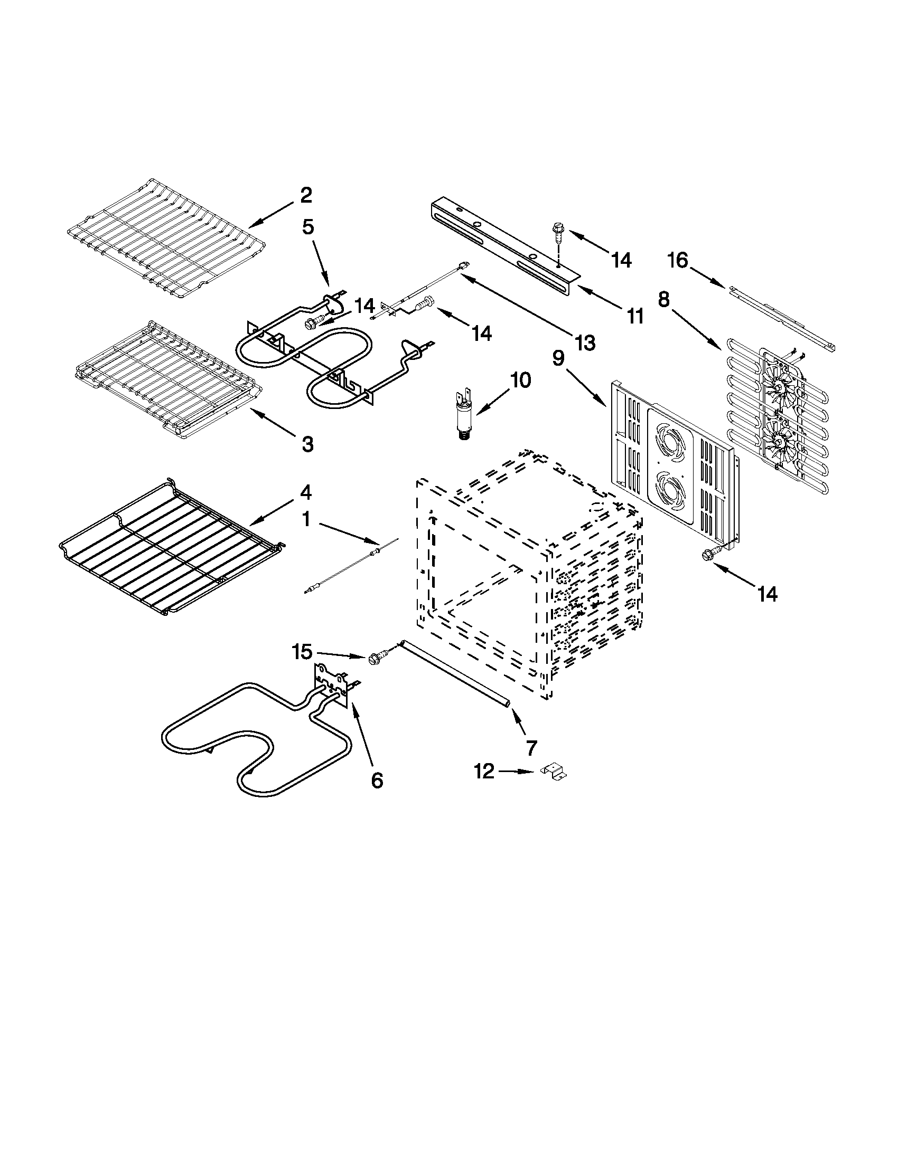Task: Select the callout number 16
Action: pos(678,261)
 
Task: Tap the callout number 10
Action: pos(520,380)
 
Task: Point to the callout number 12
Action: pos(484,771)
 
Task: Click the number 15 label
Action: pos(302,652)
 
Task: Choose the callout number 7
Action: pos(531,747)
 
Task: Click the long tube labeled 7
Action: pos(455,672)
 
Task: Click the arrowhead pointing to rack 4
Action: pos(254,525)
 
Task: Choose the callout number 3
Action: pos(307,444)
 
